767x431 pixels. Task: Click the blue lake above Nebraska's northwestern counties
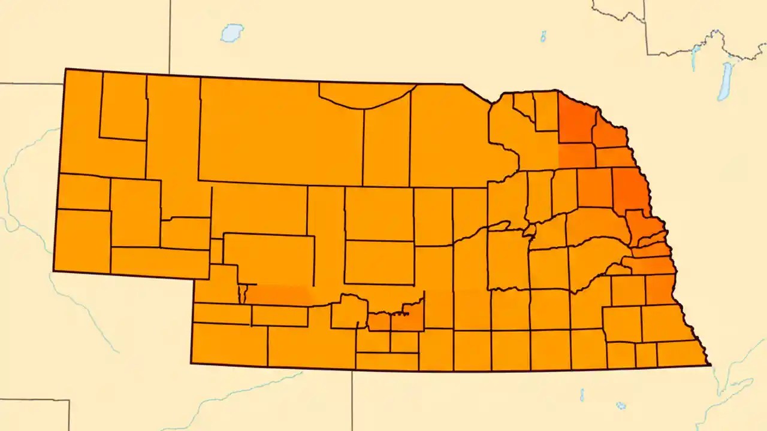231,32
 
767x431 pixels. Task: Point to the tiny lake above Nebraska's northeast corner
543,37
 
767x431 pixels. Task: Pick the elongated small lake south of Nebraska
582,394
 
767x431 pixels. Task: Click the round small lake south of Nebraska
621,405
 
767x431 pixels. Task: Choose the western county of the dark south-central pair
379,322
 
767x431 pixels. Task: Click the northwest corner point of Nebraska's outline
65,69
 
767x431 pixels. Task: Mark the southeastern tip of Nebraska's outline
709,364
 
